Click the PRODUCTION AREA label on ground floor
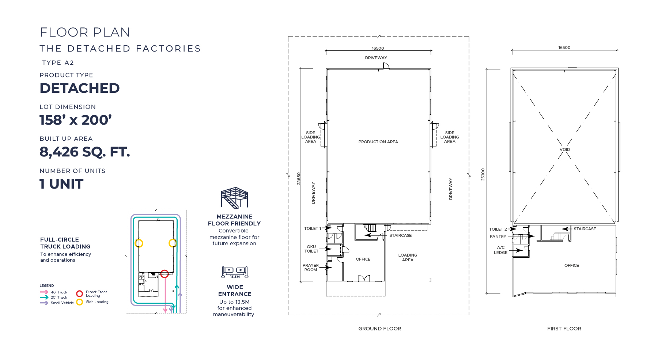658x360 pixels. (378, 142)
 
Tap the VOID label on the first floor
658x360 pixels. (564, 149)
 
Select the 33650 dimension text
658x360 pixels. (299, 178)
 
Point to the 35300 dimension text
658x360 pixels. (483, 174)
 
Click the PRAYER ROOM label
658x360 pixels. (311, 268)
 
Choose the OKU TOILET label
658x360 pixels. (311, 249)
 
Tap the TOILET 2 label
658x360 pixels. (498, 229)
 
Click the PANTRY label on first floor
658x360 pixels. (498, 236)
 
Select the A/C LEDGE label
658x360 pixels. (500, 250)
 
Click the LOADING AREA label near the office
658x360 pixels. (408, 257)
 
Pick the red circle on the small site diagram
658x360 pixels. (164, 273)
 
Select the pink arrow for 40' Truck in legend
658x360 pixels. (44, 292)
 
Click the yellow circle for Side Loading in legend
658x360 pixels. (79, 302)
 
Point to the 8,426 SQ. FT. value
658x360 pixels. (85, 152)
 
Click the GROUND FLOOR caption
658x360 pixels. (379, 329)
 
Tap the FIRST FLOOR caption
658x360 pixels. (564, 329)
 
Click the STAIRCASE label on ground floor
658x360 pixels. (400, 235)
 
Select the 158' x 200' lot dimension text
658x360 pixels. (76, 120)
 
